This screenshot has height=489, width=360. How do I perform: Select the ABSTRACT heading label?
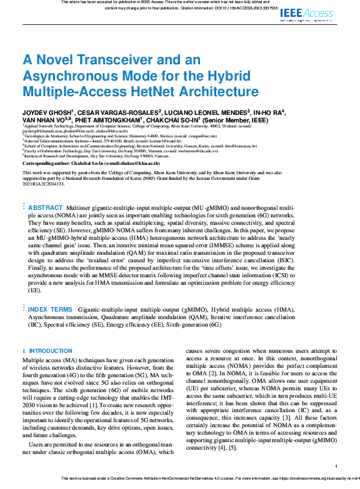tap(46, 207)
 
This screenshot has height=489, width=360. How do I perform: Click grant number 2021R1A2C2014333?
tap(43, 184)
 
